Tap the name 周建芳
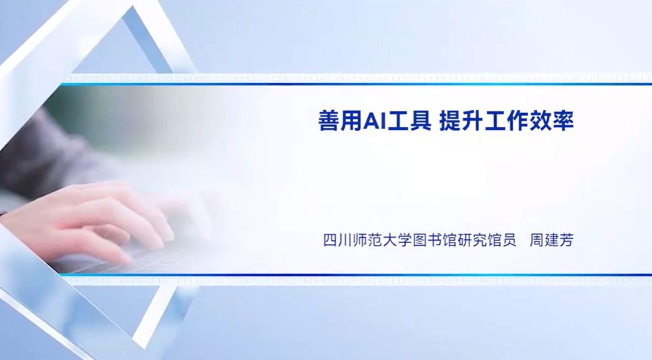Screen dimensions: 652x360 pyautogui.click(x=551, y=241)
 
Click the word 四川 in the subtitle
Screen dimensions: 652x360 pyautogui.click(x=338, y=241)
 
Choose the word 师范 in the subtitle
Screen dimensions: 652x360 pyautogui.click(x=368, y=241)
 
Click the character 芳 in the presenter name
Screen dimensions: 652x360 pyautogui.click(x=566, y=241)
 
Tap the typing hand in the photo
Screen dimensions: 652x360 pyautogui.click(x=87, y=221)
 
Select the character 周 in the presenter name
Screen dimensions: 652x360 pyautogui.click(x=537, y=241)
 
